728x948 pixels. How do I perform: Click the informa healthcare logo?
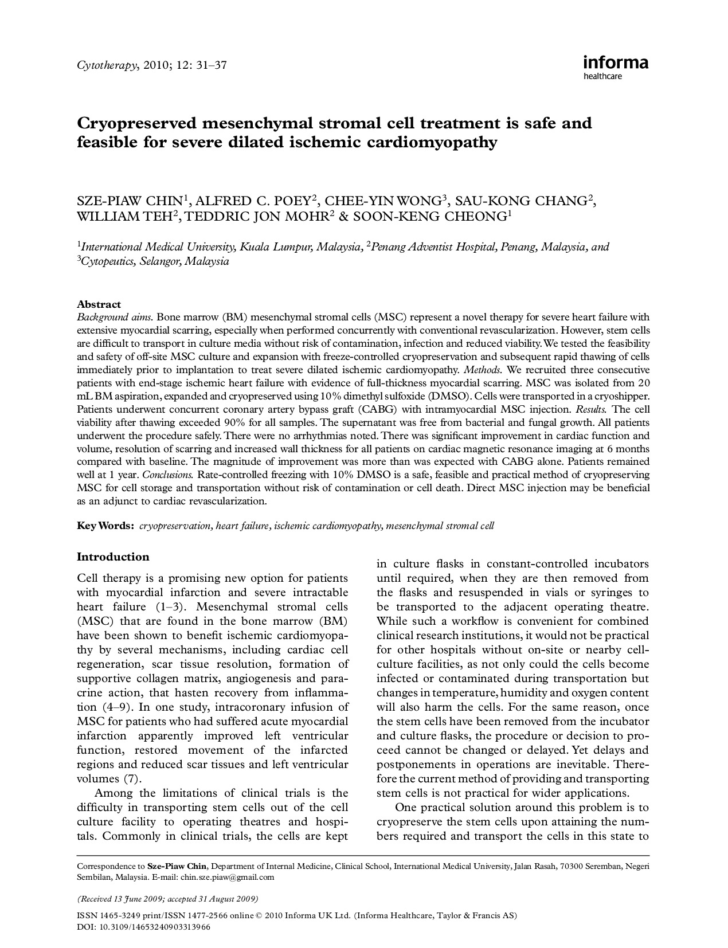616,66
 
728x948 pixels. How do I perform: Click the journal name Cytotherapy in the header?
107,65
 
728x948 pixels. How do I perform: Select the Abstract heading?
99,304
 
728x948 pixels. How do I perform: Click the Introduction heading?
113,557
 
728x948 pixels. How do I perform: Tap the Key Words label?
105,526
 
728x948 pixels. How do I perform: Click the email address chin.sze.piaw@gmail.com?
227,877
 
